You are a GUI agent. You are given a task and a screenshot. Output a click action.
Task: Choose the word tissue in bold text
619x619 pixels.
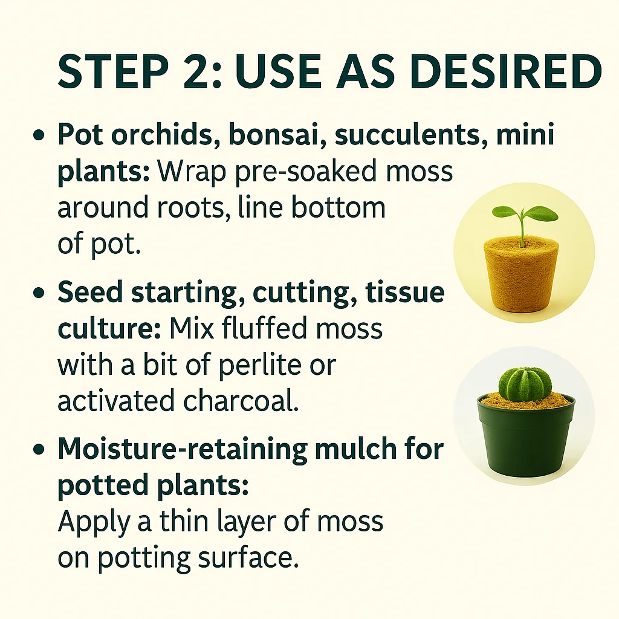(405, 292)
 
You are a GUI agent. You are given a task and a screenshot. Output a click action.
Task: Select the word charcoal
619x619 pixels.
(241, 400)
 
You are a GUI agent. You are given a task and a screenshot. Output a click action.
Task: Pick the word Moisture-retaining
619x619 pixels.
(183, 449)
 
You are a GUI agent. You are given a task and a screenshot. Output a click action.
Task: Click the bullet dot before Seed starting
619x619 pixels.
(39, 293)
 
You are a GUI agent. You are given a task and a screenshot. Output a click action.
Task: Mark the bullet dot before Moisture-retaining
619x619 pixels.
(39, 450)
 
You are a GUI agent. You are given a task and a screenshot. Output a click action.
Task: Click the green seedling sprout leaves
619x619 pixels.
(525, 215)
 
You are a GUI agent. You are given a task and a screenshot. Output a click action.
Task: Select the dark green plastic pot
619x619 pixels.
(526, 436)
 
